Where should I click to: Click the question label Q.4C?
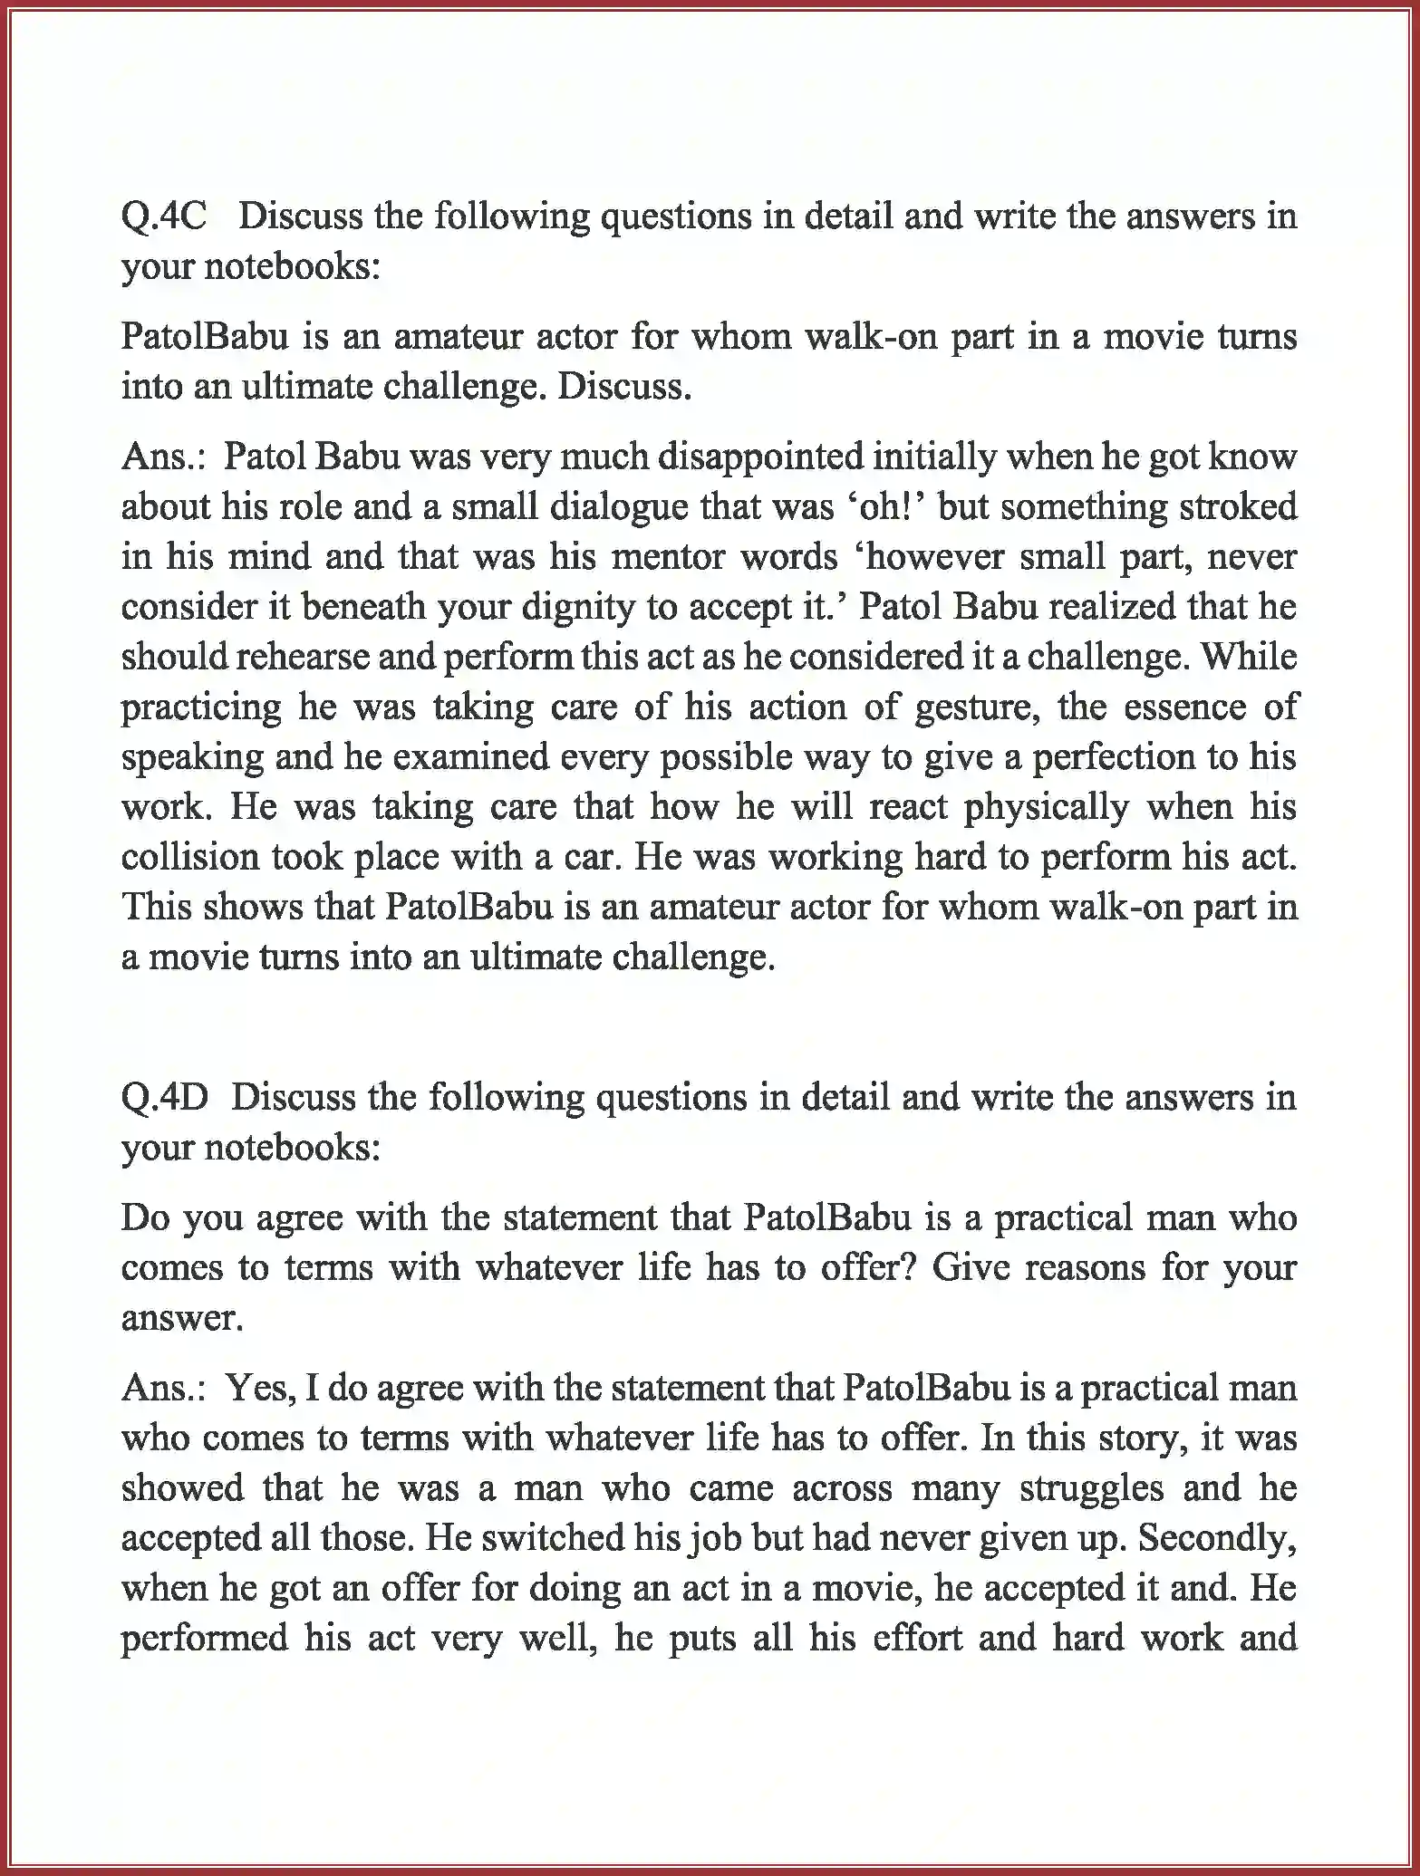pyautogui.click(x=164, y=216)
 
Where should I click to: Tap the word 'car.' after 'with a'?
pyautogui.click(x=589, y=856)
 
